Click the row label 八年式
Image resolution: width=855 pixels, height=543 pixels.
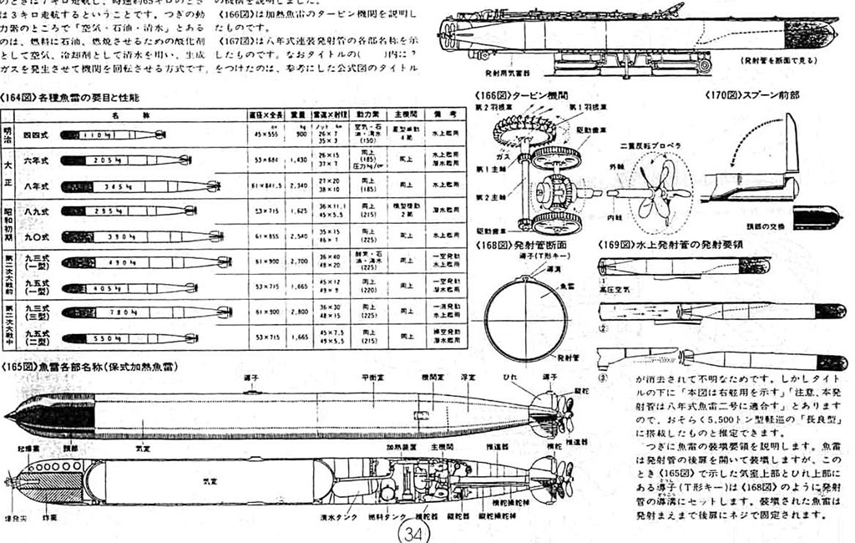[34, 185]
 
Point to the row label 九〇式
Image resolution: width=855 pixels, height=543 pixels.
[34, 236]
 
